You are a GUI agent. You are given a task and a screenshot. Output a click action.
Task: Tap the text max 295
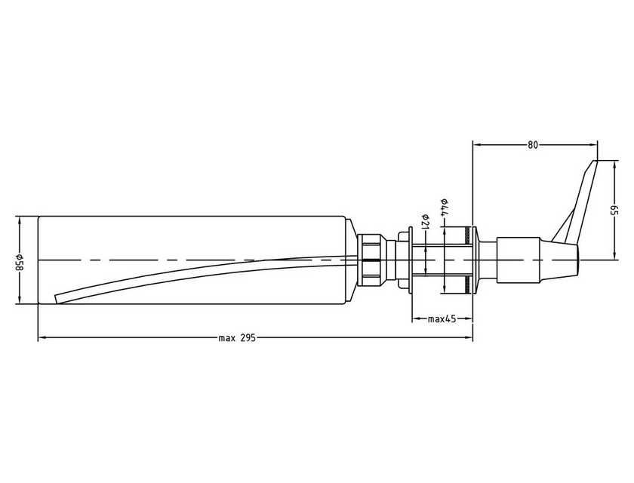[238, 338]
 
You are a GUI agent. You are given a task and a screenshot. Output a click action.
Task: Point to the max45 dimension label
[442, 319]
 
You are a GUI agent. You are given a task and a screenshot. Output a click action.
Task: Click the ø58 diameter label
[20, 260]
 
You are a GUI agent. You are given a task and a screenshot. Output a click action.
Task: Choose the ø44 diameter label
[445, 209]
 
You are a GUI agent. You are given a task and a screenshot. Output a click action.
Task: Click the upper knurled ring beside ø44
[469, 232]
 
